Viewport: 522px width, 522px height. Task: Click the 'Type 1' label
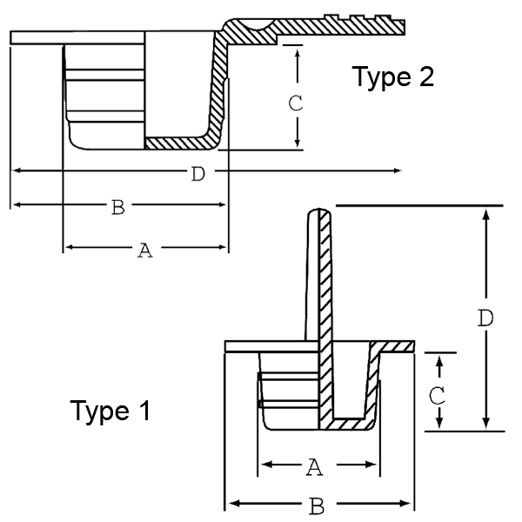[110, 410]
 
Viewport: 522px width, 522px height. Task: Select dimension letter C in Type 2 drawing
[295, 102]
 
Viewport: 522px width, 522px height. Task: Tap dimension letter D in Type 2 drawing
[197, 174]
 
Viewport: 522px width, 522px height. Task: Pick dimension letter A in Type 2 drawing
[145, 251]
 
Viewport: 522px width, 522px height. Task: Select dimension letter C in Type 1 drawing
[438, 394]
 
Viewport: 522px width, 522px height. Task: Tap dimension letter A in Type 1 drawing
[315, 468]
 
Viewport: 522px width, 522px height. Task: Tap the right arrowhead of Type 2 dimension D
[396, 171]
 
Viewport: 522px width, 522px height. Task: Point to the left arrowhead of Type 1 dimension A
[265, 467]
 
